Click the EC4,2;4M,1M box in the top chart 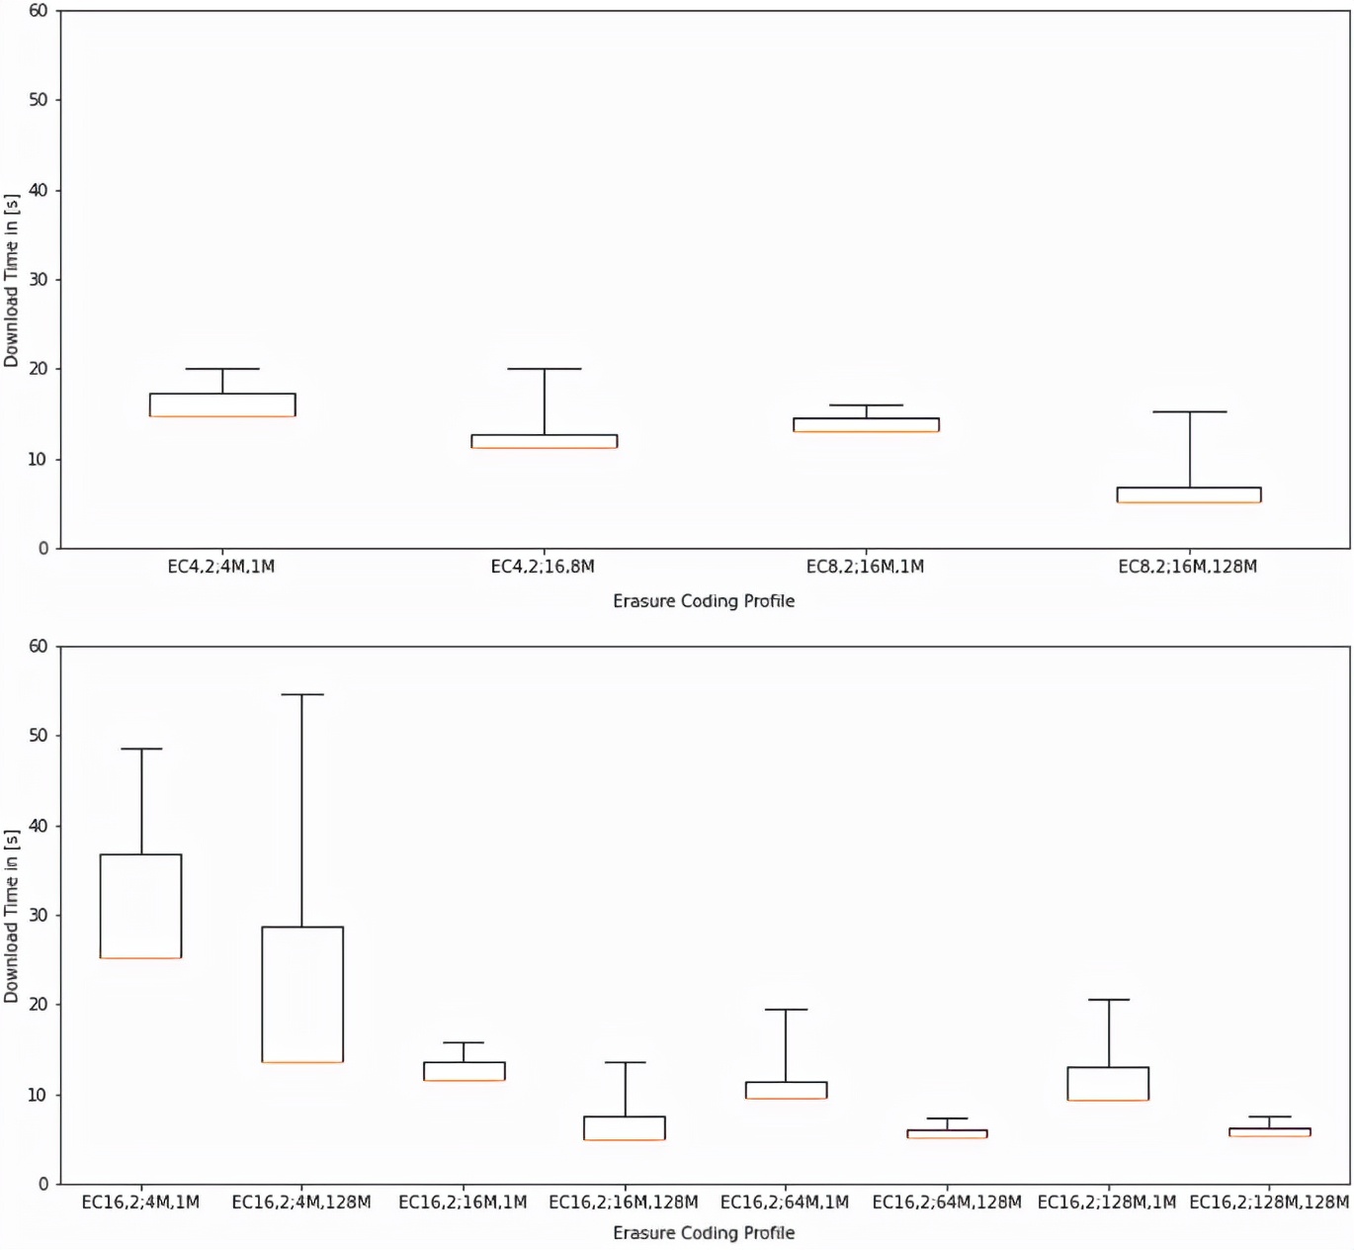click(222, 404)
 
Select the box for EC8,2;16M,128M click(1189, 494)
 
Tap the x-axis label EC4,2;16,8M click(543, 567)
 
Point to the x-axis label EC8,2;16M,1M click(865, 567)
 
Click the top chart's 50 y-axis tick click(38, 100)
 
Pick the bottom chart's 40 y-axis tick click(38, 826)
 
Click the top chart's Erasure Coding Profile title click(704, 600)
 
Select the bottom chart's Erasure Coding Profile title click(704, 1232)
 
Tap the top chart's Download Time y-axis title click(12, 280)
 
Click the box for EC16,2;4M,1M click(141, 906)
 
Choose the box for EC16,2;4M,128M click(302, 994)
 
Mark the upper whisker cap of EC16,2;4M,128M click(302, 694)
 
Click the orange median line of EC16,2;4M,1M click(141, 958)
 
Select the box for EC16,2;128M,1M click(1108, 1083)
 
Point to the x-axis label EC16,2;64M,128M click(947, 1202)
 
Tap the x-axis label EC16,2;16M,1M click(463, 1202)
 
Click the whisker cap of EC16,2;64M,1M click(786, 1010)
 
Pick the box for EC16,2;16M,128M click(625, 1128)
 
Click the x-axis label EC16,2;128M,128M click(1269, 1202)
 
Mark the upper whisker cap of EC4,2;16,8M click(545, 369)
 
